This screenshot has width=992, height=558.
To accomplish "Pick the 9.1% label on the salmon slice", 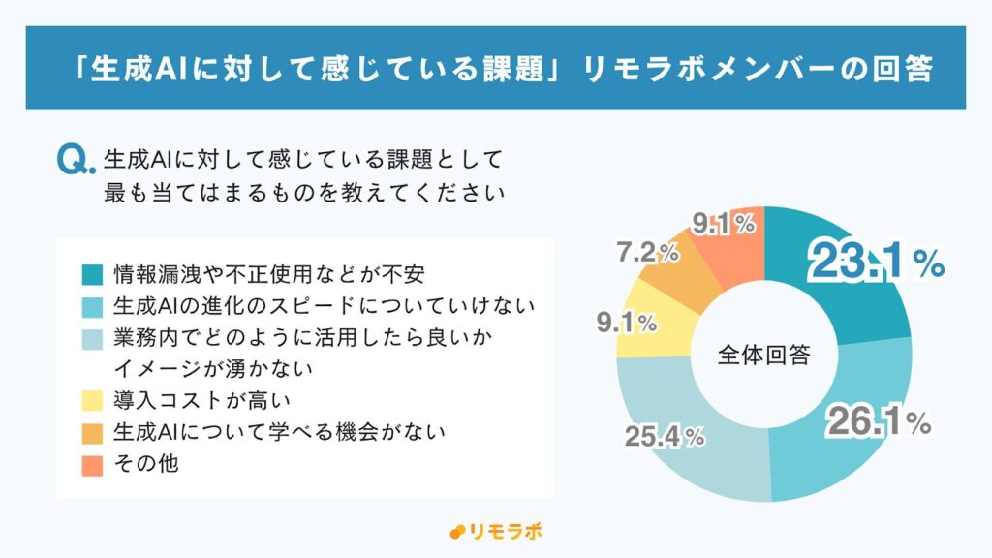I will pyautogui.click(x=723, y=224).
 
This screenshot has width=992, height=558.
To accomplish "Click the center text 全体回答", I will pyautogui.click(x=764, y=355).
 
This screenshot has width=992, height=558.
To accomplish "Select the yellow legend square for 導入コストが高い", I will pyautogui.click(x=92, y=398).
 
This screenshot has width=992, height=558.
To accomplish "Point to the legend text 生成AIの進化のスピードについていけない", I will pyautogui.click(x=324, y=305).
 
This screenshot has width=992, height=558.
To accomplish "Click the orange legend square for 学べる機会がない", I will pyautogui.click(x=92, y=431).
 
